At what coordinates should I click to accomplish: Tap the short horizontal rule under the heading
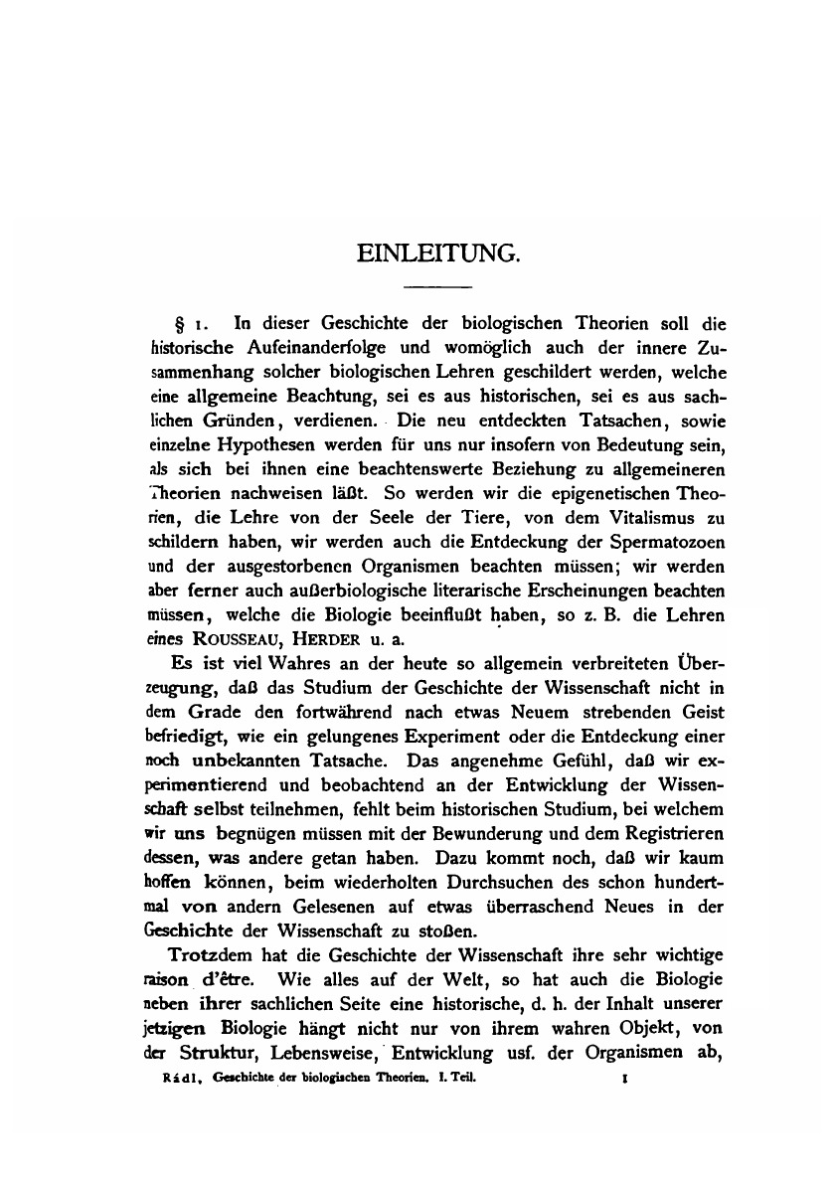point(437,288)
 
